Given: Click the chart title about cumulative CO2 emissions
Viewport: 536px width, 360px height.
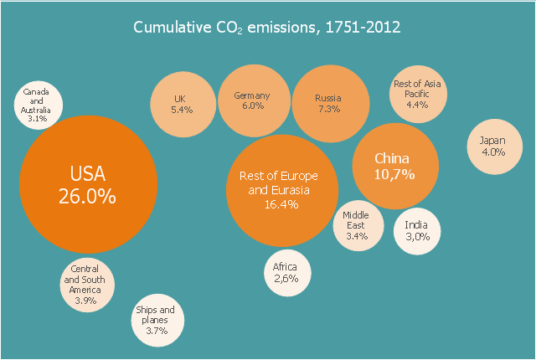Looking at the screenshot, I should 267,27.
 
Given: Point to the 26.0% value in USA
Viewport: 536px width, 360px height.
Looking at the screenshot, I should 87,196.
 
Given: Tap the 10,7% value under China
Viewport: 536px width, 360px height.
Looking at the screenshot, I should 394,175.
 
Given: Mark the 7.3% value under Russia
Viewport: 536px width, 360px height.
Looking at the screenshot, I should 328,109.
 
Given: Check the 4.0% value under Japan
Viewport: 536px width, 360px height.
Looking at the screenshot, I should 492,152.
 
